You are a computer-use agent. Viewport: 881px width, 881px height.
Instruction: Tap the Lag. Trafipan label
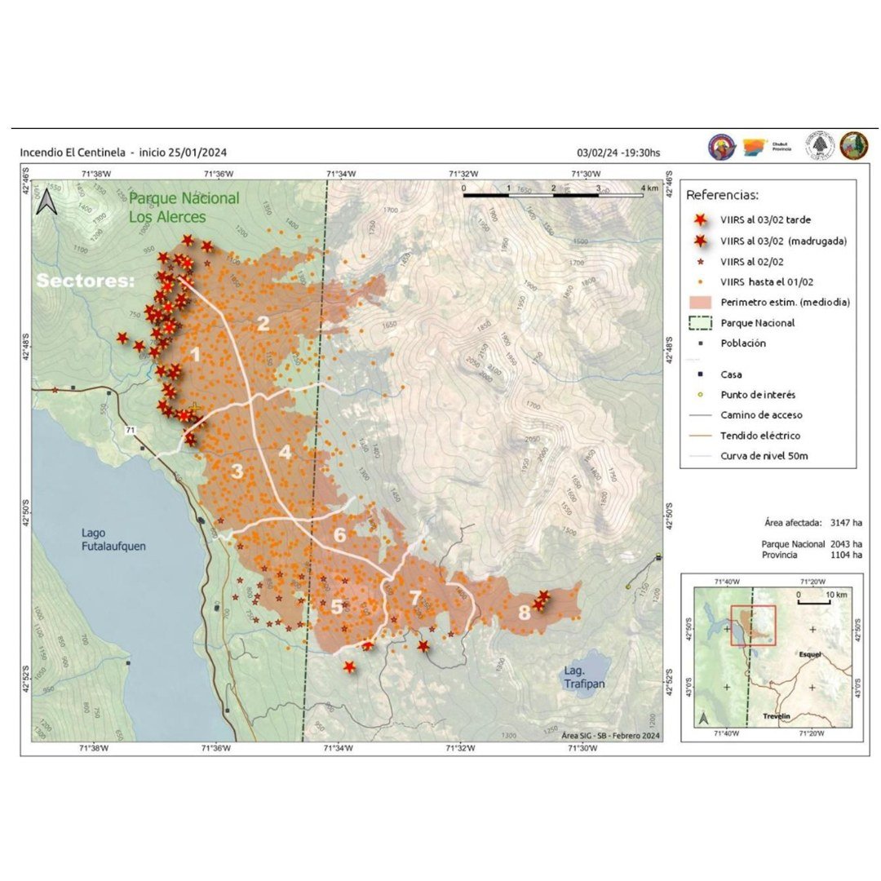[585, 677]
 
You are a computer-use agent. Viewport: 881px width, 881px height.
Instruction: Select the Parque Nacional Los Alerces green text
[184, 207]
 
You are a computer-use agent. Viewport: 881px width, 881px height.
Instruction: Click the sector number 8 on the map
[524, 614]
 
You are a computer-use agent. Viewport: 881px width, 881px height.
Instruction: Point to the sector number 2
[263, 324]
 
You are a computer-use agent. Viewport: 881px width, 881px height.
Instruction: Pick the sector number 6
[339, 536]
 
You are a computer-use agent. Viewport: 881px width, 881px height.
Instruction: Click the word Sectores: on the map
[86, 281]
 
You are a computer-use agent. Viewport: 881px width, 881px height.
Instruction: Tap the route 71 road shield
[130, 429]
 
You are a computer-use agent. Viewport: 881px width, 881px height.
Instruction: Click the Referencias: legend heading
[722, 196]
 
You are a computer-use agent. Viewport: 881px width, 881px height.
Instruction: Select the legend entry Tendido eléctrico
[760, 436]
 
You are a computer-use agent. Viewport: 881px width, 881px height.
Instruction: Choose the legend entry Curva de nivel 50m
[764, 455]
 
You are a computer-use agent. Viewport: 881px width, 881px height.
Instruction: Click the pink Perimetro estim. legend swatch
[698, 303]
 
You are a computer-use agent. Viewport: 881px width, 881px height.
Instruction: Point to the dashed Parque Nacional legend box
[698, 323]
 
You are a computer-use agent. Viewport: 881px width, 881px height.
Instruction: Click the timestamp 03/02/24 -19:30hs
[618, 153]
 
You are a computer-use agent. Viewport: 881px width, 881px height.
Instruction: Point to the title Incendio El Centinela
[73, 153]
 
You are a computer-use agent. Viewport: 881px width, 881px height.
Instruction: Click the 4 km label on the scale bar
[650, 188]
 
